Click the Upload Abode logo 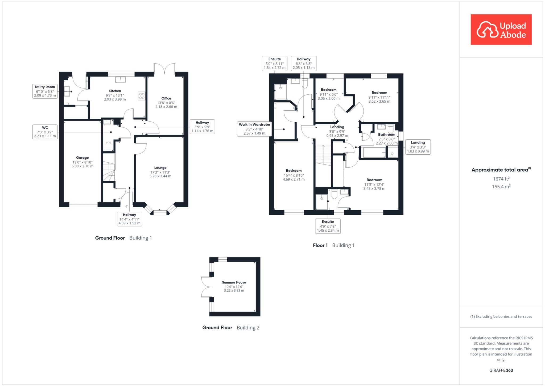click(x=501, y=30)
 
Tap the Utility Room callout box click(x=45, y=91)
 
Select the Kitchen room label click(x=115, y=91)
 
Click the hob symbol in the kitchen click(x=142, y=96)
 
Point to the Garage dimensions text click(x=82, y=164)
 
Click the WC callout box click(x=45, y=132)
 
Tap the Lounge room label click(x=160, y=168)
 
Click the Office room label click(x=166, y=98)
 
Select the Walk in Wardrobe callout click(x=254, y=129)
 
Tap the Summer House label click(x=234, y=282)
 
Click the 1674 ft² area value click(x=501, y=179)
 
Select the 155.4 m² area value click(x=501, y=187)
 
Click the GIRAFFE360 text click(x=501, y=370)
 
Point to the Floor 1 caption click(x=320, y=245)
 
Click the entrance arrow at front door click(x=127, y=206)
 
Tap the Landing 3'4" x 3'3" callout click(x=418, y=147)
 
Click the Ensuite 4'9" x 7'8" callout click(x=328, y=226)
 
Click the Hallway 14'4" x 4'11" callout click(x=129, y=219)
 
